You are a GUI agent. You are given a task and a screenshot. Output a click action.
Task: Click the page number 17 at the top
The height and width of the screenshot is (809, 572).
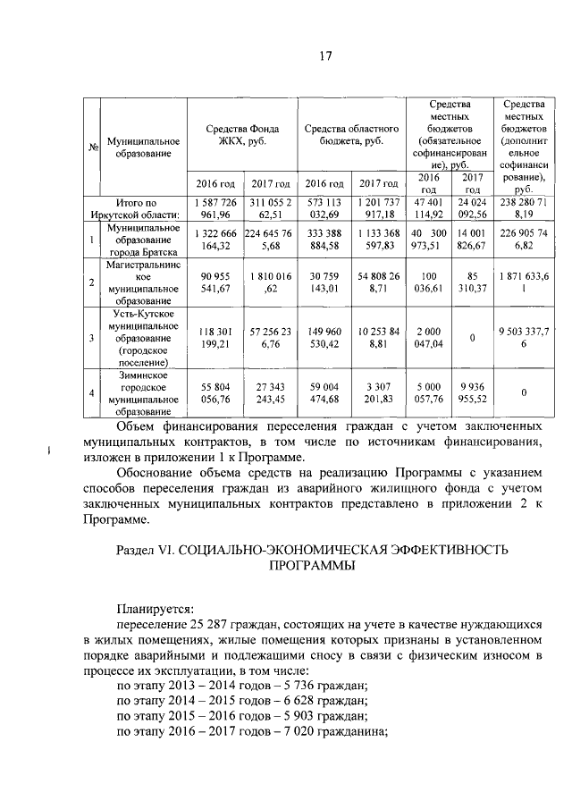[325, 57]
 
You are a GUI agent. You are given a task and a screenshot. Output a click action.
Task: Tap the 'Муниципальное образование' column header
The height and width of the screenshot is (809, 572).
[143, 147]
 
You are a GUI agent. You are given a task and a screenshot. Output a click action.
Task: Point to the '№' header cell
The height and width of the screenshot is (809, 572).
[93, 147]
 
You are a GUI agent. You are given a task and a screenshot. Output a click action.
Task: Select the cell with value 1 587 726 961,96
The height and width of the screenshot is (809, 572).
[213, 209]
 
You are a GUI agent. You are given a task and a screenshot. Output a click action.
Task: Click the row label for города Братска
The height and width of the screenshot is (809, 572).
[143, 240]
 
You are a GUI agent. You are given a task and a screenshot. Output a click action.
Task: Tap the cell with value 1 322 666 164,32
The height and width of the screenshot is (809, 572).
[213, 240]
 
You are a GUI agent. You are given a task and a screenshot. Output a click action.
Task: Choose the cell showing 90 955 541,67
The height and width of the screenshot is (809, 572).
[213, 282]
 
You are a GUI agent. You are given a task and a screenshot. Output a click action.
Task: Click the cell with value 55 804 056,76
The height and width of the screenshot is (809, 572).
[213, 392]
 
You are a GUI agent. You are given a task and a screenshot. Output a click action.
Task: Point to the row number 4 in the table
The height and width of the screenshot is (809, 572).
[93, 392]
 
